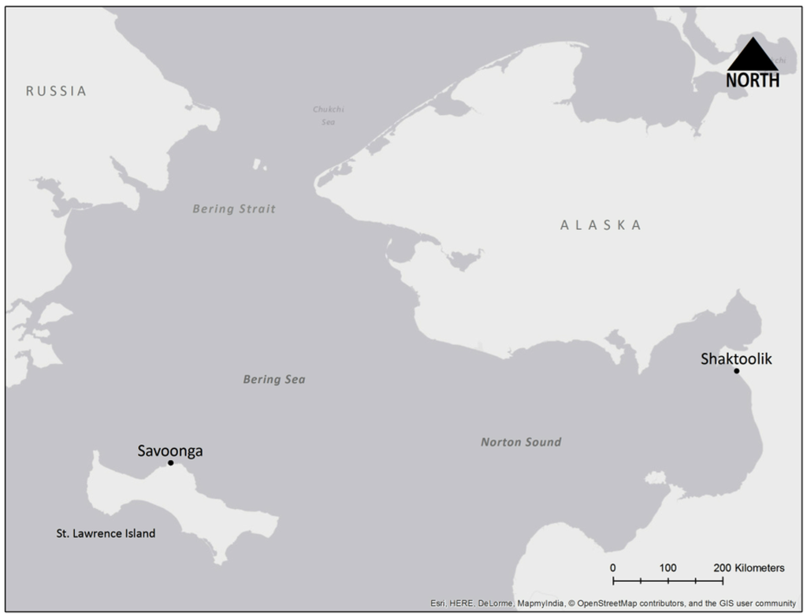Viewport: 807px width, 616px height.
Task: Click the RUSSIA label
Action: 56,91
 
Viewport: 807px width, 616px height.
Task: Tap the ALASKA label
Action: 601,225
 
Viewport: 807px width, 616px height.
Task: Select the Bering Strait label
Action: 234,210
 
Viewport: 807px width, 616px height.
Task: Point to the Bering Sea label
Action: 273,380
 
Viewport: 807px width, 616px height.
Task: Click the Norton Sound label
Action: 521,443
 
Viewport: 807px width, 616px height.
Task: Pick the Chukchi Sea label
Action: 329,116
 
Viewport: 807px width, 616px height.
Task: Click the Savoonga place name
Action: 169,451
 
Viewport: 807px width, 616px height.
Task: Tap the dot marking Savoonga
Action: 170,463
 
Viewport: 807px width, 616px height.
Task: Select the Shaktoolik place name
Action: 736,359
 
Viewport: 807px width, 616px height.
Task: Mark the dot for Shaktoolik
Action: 736,371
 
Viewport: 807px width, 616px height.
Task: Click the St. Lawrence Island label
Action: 106,534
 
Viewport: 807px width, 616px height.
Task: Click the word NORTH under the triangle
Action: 753,80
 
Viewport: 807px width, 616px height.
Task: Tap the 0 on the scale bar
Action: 613,568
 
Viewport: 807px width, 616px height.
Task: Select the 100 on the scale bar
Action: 668,568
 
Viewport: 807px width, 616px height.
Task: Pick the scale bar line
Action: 668,581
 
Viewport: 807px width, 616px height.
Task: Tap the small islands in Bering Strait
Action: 258,165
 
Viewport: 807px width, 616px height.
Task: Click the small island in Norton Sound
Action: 655,478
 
